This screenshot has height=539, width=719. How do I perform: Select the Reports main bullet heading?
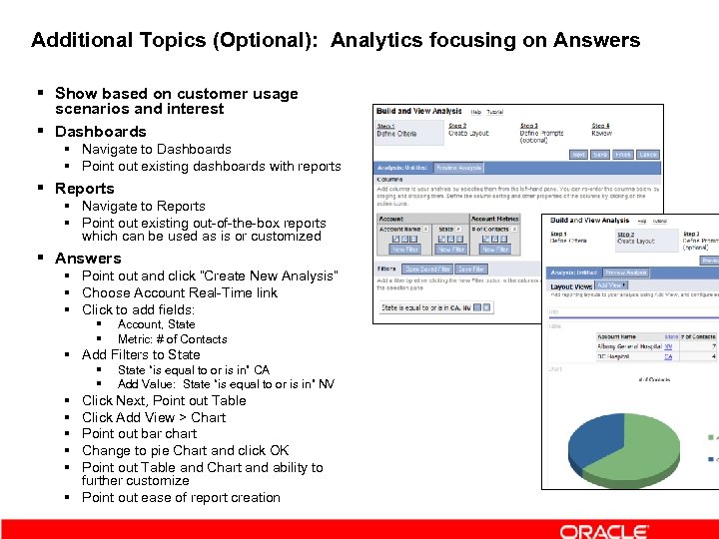pyautogui.click(x=85, y=189)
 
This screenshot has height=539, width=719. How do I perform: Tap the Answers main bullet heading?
pyautogui.click(x=88, y=259)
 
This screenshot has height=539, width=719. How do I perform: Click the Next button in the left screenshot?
pyautogui.click(x=578, y=155)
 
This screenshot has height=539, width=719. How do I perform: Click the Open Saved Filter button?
pyautogui.click(x=428, y=269)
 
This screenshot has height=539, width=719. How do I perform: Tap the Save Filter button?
pyautogui.click(x=471, y=269)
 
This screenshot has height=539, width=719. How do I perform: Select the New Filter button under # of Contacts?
pyautogui.click(x=495, y=250)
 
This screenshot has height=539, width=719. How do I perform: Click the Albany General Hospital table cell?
pyautogui.click(x=628, y=345)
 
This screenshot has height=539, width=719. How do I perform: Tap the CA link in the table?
pyautogui.click(x=668, y=356)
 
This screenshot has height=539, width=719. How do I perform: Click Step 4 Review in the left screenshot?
pyautogui.click(x=601, y=130)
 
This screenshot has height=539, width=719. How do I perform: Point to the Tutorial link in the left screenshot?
pyautogui.click(x=495, y=112)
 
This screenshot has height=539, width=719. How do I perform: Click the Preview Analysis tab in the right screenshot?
pyautogui.click(x=625, y=272)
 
